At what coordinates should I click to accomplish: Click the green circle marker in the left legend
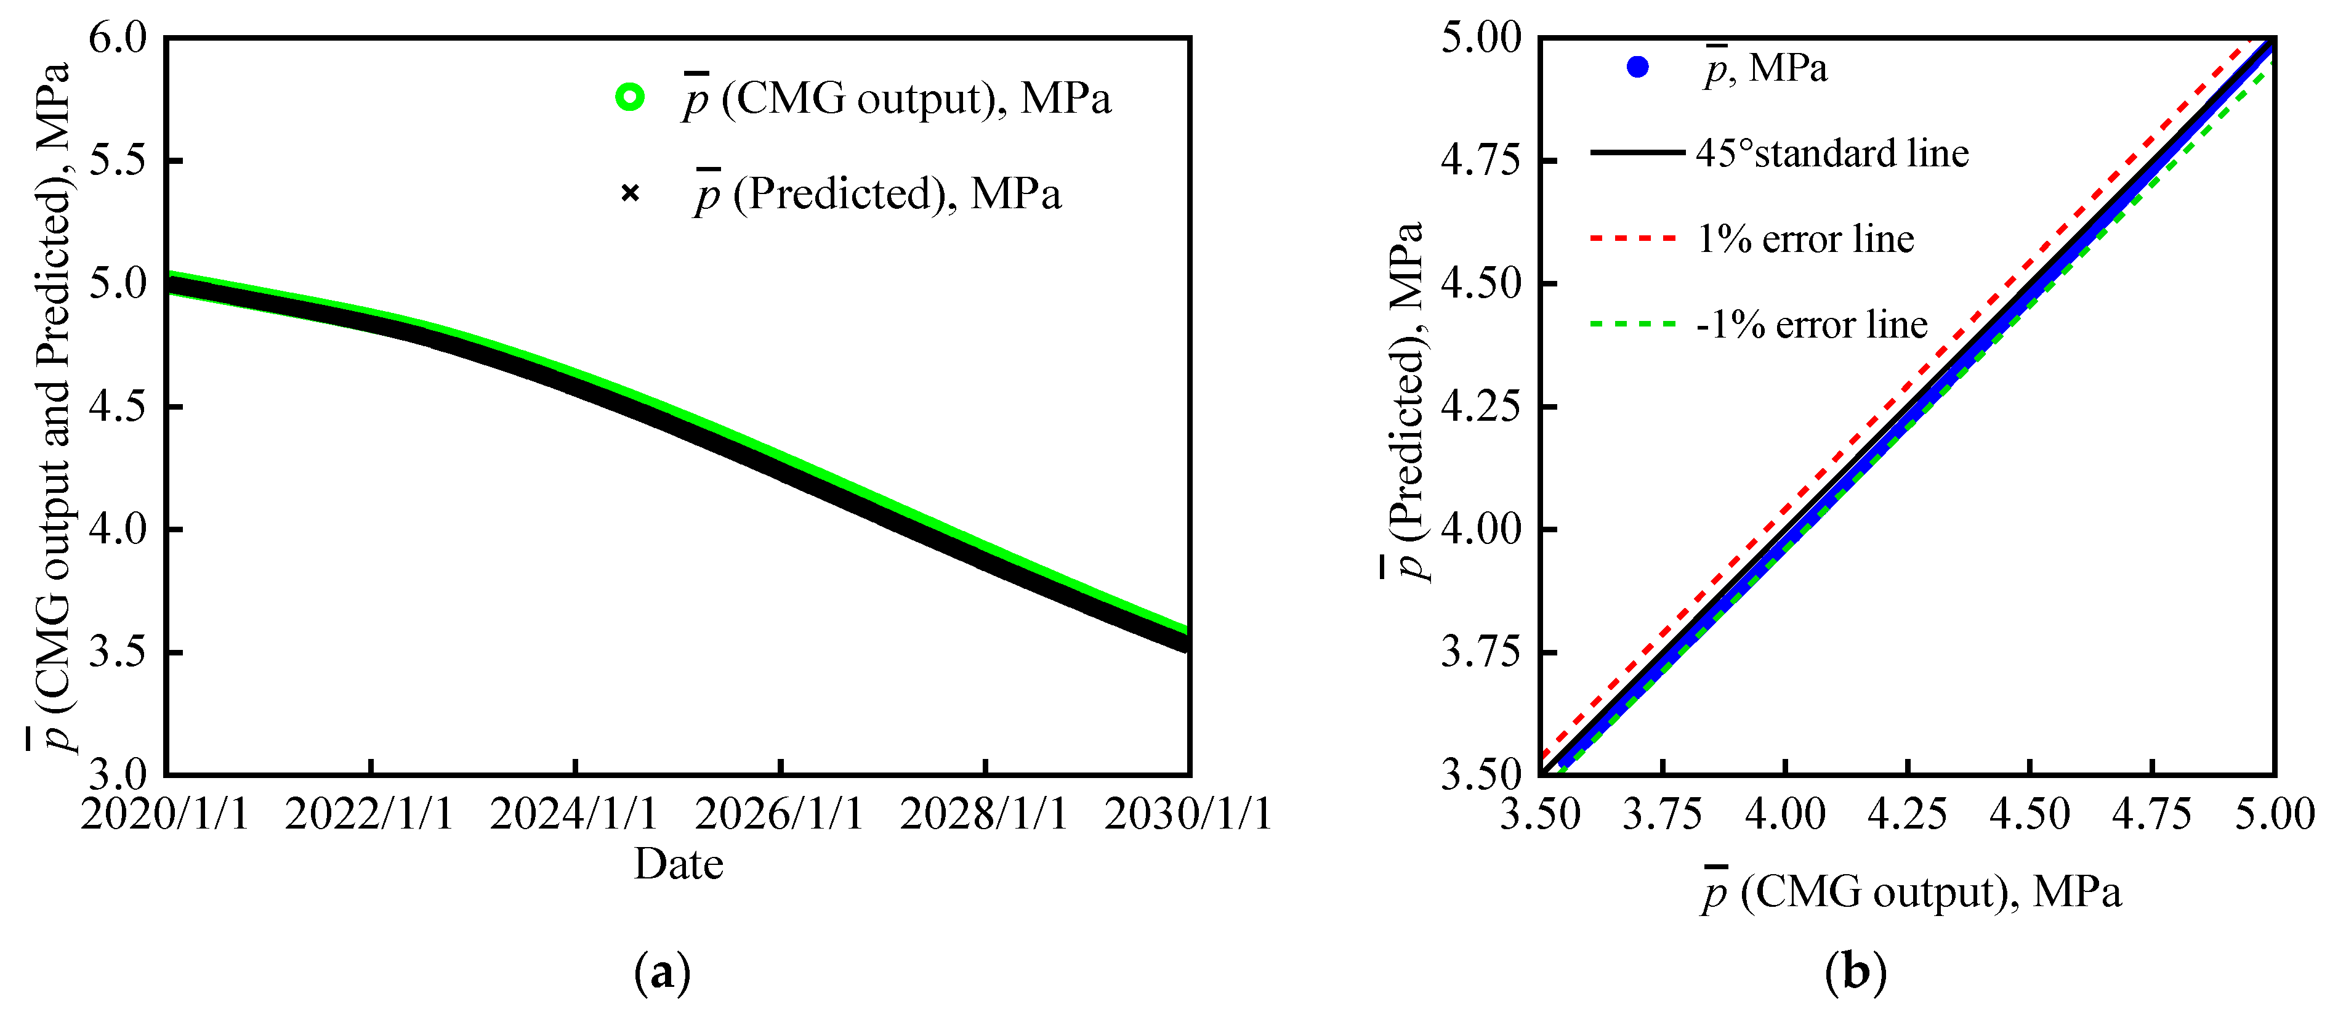coord(630,96)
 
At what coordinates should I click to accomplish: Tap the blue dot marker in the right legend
coord(1637,67)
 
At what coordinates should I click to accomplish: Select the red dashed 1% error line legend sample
coord(1634,238)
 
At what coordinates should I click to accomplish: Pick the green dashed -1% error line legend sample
coord(1634,324)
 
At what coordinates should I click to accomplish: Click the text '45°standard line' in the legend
coord(1832,153)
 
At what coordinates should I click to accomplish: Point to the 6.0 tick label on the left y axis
coord(117,38)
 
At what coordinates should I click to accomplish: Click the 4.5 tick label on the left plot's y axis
coord(117,407)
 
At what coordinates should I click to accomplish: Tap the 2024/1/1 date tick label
coord(574,813)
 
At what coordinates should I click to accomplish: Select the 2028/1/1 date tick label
coord(984,813)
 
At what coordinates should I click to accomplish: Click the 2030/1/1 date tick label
coord(1187,813)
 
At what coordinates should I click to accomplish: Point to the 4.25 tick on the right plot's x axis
coord(1907,813)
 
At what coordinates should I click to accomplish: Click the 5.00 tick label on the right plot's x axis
coord(2273,813)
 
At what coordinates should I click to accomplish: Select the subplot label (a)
coord(662,973)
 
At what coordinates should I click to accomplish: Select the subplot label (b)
coord(1855,973)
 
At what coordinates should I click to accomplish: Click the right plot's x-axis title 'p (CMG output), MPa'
coord(1911,892)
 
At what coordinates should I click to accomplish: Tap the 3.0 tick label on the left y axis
coord(117,774)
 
